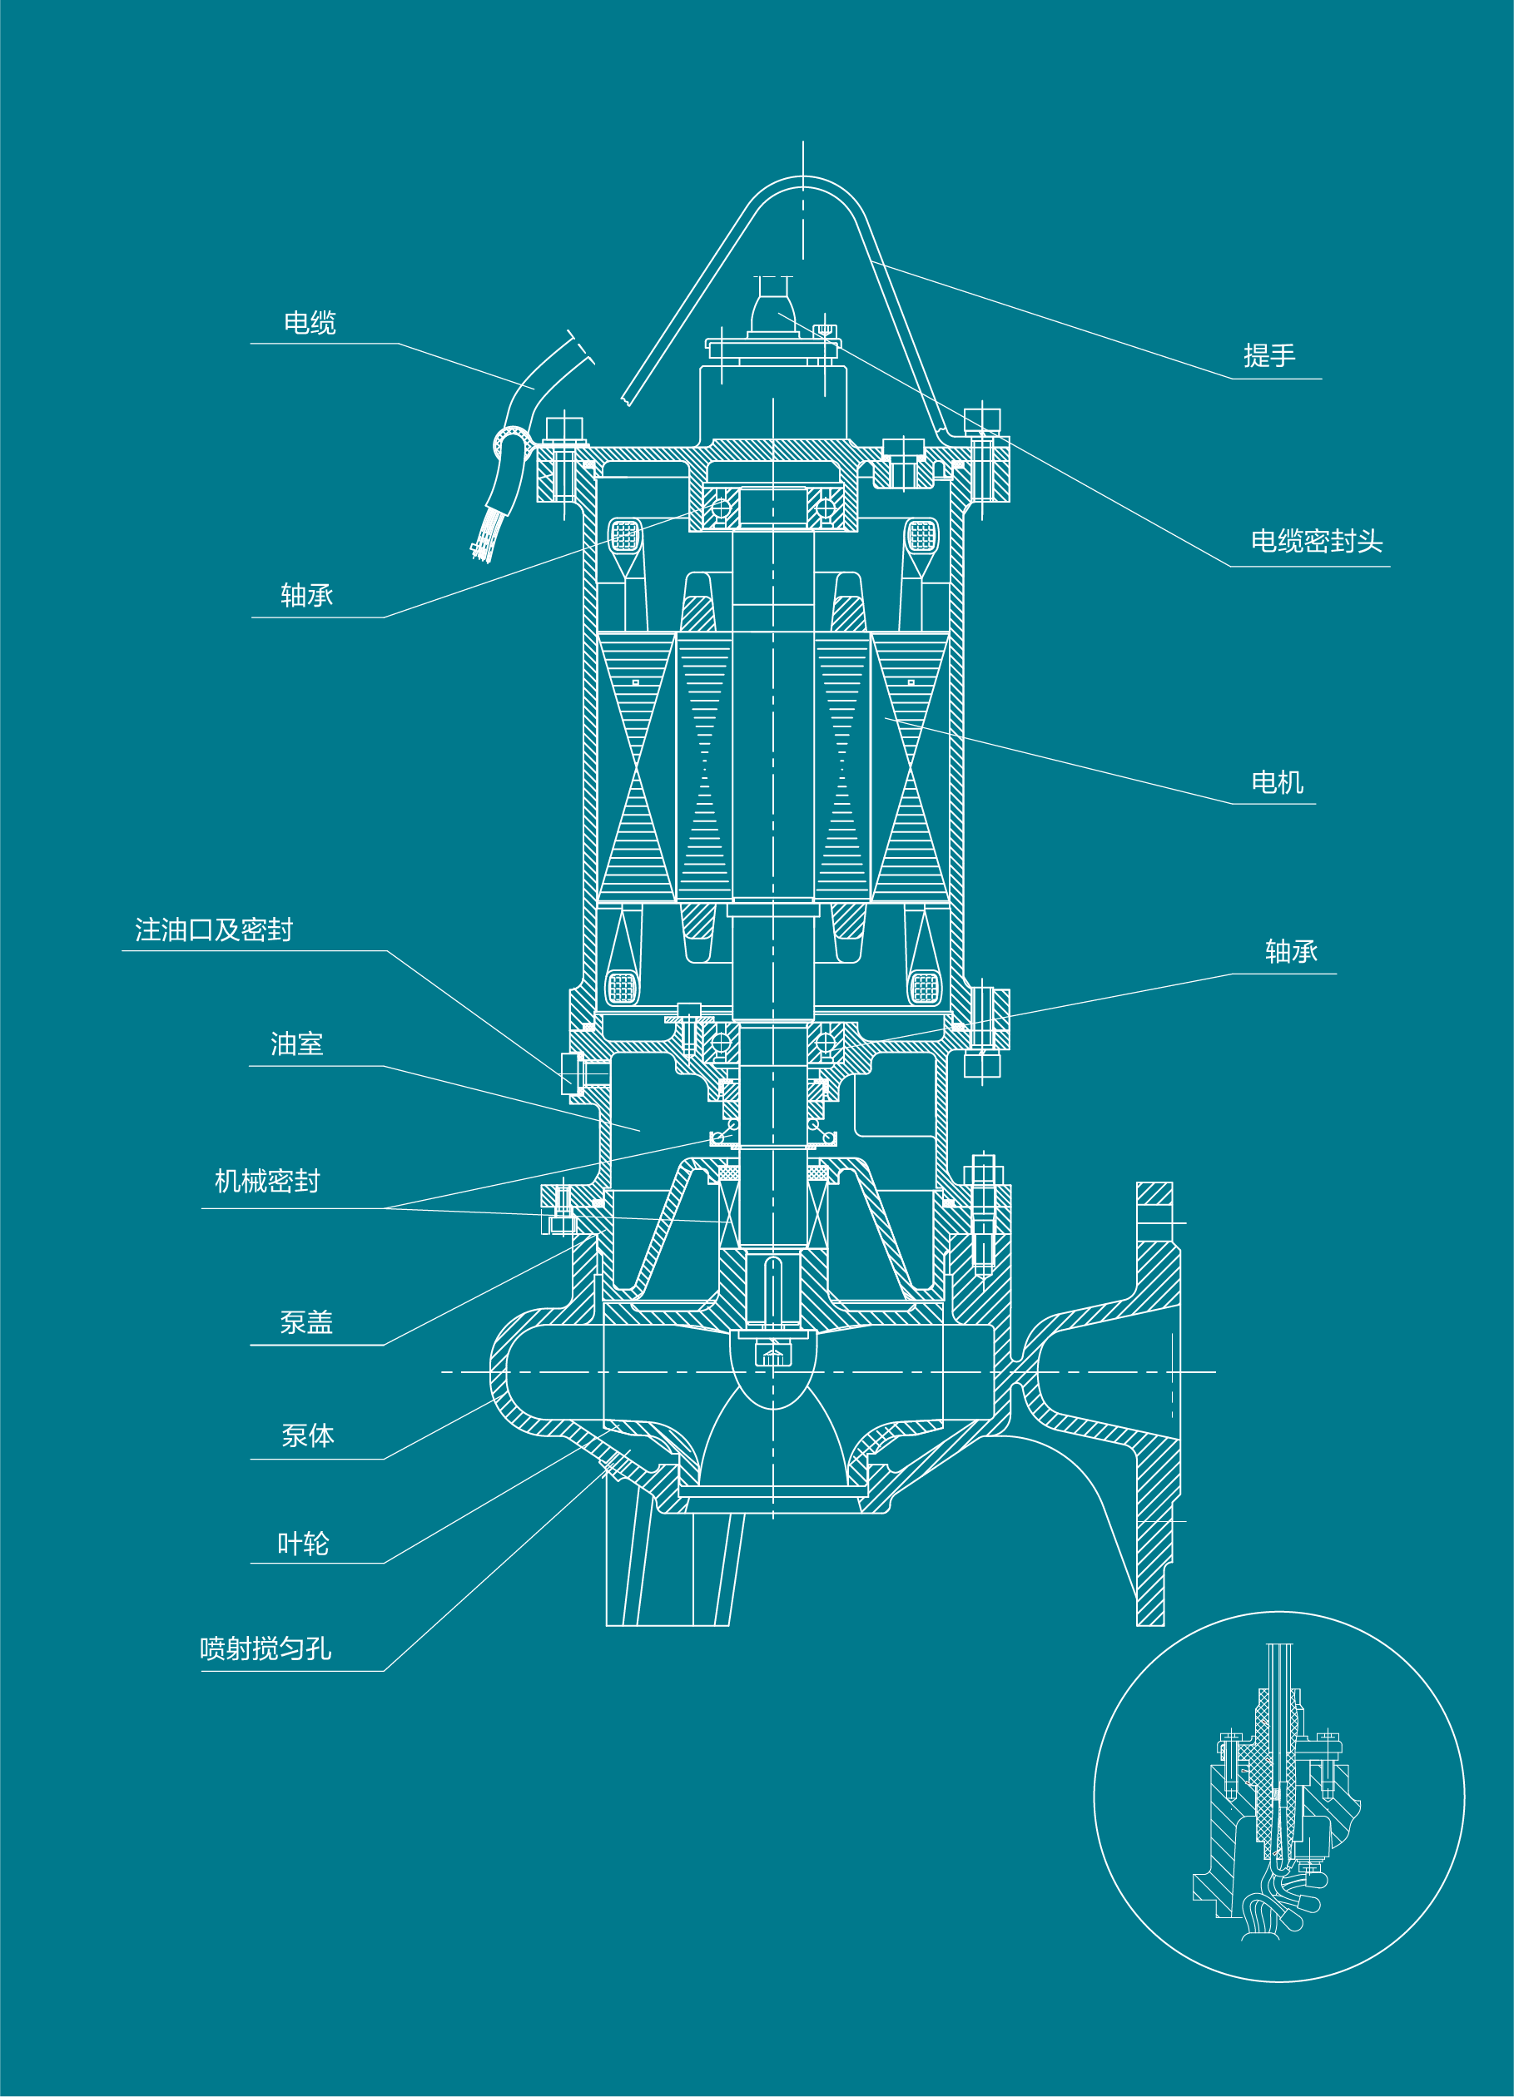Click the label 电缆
[x=310, y=323]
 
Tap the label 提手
[x=1269, y=356]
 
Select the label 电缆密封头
[x=1316, y=542]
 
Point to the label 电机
[x=1278, y=783]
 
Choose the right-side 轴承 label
[x=1291, y=951]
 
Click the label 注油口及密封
[x=214, y=930]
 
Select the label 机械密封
[x=267, y=1182]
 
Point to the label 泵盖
[x=306, y=1323]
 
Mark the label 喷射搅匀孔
[x=266, y=1648]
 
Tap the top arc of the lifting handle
[x=803, y=182]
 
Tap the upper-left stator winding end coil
[x=625, y=535]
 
